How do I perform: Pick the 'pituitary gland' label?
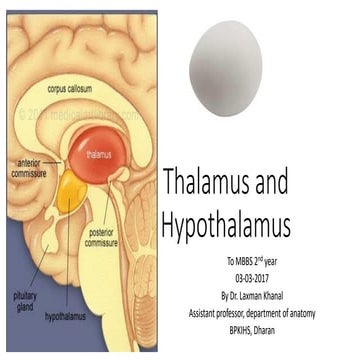click(24, 272)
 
